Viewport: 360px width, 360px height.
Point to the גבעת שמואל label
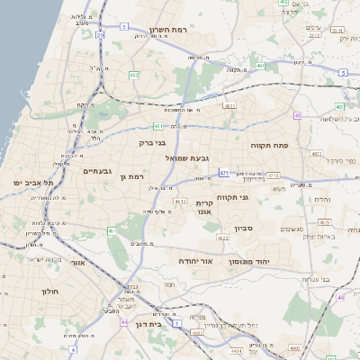pyautogui.click(x=186, y=157)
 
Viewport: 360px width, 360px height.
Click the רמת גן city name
pyautogui.click(x=132, y=177)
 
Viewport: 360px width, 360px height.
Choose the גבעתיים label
pyautogui.click(x=97, y=171)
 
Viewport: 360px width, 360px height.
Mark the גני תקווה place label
pyautogui.click(x=231, y=196)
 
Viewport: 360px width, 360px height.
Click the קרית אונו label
pyautogui.click(x=204, y=207)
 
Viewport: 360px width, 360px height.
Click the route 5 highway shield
pyautogui.click(x=343, y=72)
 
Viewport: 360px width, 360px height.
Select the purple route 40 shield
pyautogui.click(x=297, y=115)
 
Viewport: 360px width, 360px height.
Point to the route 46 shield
pyautogui.click(x=341, y=297)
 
